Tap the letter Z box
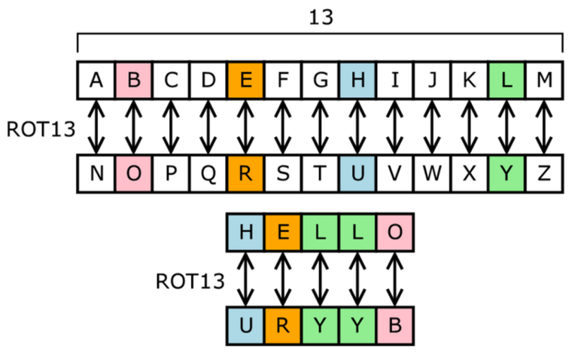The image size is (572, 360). pyautogui.click(x=543, y=173)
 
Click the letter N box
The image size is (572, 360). pyautogui.click(x=96, y=173)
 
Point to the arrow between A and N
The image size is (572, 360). pyautogui.click(x=96, y=127)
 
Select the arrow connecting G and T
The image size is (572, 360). pyautogui.click(x=320, y=127)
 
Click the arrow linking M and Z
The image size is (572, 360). pyautogui.click(x=543, y=127)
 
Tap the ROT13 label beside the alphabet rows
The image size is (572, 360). pyautogui.click(x=40, y=128)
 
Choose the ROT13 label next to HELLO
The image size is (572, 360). pyautogui.click(x=190, y=281)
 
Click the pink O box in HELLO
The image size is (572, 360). pyautogui.click(x=395, y=233)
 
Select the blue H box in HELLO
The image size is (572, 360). pyautogui.click(x=245, y=233)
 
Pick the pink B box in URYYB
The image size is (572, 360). pyautogui.click(x=395, y=327)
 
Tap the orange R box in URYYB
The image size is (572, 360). pyautogui.click(x=283, y=327)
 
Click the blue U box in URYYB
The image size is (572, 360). pyautogui.click(x=245, y=327)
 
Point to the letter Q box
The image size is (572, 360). pyautogui.click(x=208, y=173)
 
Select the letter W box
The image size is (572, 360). pyautogui.click(x=432, y=173)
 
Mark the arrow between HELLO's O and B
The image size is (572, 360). pyautogui.click(x=395, y=279)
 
